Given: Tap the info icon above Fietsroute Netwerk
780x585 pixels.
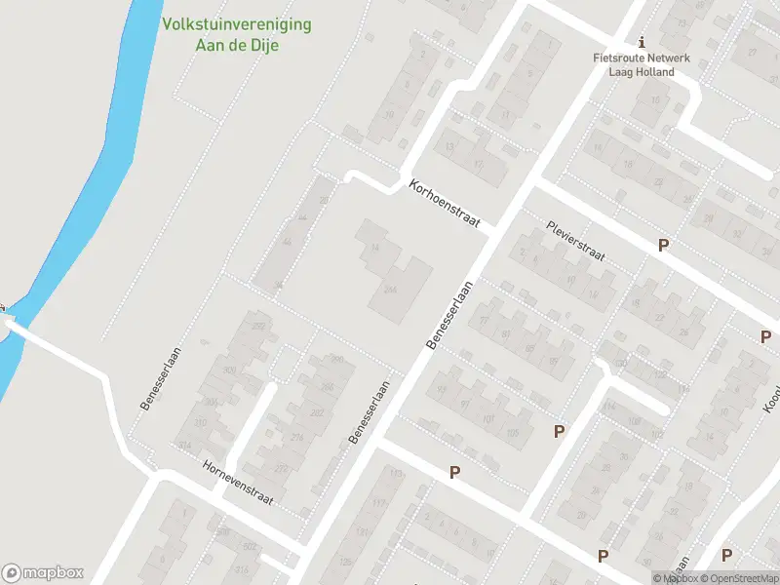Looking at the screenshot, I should [x=641, y=42].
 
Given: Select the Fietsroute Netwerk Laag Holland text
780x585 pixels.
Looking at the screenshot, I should [x=641, y=64].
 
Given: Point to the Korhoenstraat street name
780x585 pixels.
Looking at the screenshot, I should [x=447, y=203].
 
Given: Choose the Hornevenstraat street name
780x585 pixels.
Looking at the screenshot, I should [x=238, y=483].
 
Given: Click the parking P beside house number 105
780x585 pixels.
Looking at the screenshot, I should [x=559, y=431].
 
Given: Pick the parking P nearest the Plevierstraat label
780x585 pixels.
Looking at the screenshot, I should [x=664, y=246].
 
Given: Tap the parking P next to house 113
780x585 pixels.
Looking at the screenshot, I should [x=454, y=473].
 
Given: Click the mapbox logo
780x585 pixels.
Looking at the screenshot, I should [x=43, y=572].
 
